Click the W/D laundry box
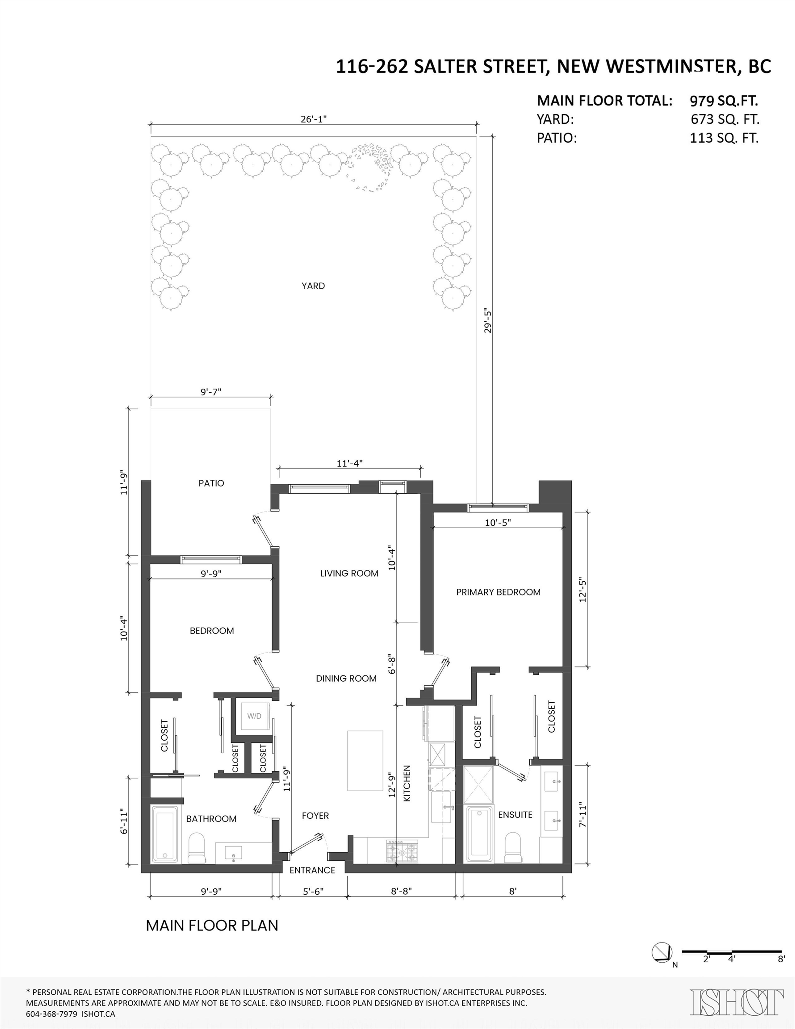pyautogui.click(x=254, y=716)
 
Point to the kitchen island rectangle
pyautogui.click(x=365, y=760)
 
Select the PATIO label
pyautogui.click(x=211, y=483)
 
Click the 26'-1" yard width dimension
pyautogui.click(x=313, y=119)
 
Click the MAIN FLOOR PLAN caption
pyautogui.click(x=212, y=925)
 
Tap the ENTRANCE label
pyautogui.click(x=312, y=870)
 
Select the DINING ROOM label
pyautogui.click(x=346, y=678)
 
